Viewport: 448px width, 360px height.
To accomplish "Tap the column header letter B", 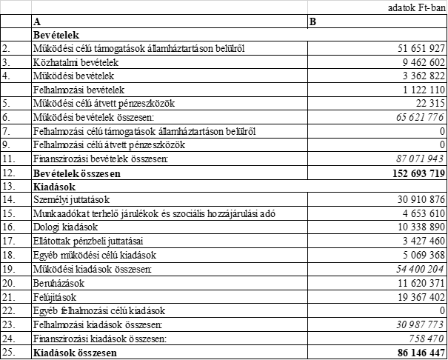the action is [312, 21].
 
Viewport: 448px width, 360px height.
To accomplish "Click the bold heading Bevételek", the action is [56, 35].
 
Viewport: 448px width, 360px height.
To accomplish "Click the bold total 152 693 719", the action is [415, 173].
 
